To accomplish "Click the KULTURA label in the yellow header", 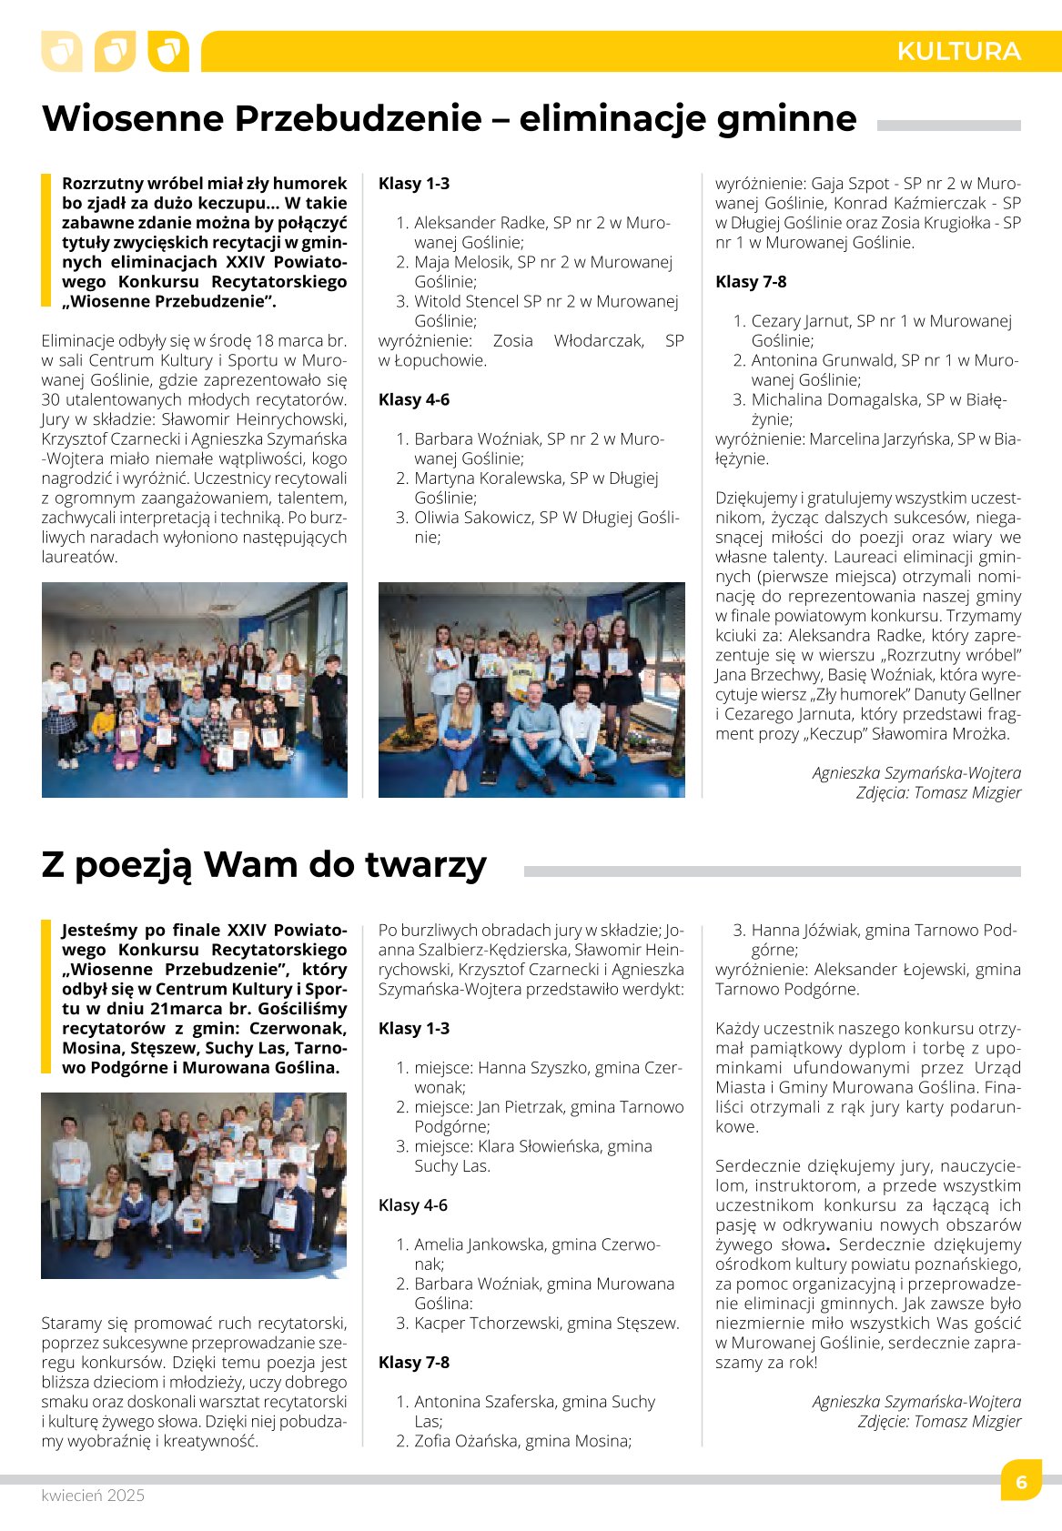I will point(958,51).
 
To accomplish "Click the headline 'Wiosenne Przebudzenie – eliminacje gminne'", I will point(450,119).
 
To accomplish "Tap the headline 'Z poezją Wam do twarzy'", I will point(264,864).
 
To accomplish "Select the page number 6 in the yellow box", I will point(1021,1482).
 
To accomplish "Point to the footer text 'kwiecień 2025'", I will point(93,1496).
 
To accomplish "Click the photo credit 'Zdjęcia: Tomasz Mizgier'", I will point(938,792).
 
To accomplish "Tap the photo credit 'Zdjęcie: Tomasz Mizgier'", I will point(939,1421).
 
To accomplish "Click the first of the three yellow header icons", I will point(62,51).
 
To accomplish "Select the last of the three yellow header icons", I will point(168,51).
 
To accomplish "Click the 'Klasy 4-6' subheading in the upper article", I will point(414,399).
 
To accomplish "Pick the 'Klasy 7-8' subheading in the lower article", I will point(414,1362).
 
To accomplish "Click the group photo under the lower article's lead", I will point(194,1185).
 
